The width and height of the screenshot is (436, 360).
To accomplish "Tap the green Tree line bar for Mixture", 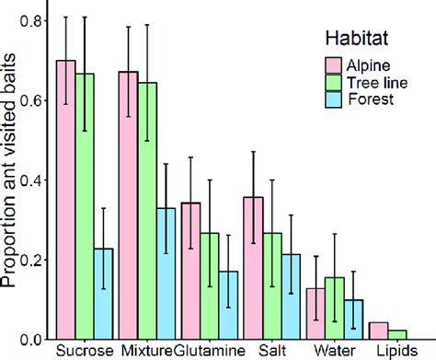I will pos(147,211).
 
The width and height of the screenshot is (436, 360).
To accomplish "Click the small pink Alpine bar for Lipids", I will pos(377,331).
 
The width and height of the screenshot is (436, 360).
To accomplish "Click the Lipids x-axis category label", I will pos(396,351).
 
